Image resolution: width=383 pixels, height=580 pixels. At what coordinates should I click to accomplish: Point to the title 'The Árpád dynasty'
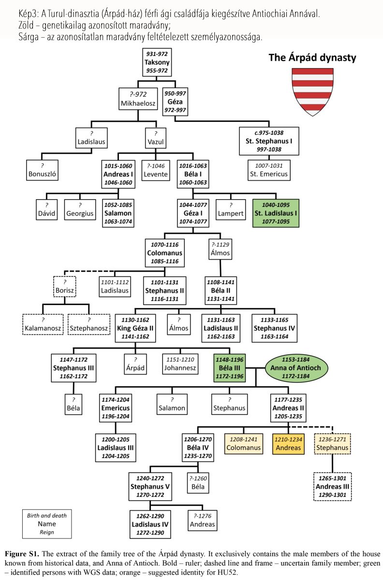tap(312, 58)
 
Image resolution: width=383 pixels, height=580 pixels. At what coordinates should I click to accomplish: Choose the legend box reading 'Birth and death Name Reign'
tap(46, 524)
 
